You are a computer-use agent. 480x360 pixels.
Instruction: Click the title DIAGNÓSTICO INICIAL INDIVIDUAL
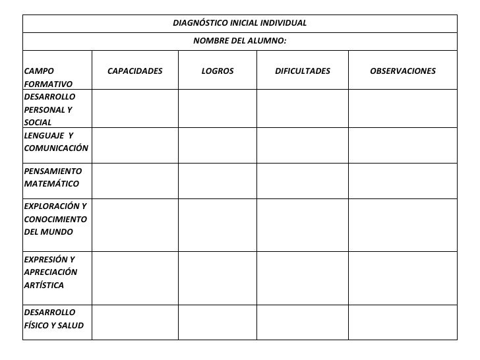[239, 23]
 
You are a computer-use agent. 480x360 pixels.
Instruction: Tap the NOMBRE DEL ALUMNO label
[239, 41]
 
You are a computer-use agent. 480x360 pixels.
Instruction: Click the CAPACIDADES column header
[135, 71]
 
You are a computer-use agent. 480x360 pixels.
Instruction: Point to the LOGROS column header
[217, 71]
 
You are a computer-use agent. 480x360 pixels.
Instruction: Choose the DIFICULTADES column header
[302, 71]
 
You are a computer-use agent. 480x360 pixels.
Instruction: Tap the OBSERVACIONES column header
[402, 71]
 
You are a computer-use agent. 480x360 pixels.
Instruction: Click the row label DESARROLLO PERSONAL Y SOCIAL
[49, 109]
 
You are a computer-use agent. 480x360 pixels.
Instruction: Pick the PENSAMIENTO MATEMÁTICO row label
[53, 177]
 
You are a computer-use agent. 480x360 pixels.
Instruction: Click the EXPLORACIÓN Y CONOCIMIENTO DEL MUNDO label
[55, 220]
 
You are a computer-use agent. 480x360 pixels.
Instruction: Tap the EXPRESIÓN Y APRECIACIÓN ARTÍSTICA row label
[50, 272]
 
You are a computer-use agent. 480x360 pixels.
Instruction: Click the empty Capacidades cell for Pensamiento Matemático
[135, 180]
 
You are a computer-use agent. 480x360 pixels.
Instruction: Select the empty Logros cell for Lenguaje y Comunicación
[217, 145]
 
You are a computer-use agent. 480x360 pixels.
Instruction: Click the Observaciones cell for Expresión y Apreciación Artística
[402, 278]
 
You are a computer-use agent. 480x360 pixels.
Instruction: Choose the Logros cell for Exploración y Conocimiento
[217, 224]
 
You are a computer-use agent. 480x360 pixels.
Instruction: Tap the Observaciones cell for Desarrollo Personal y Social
[402, 108]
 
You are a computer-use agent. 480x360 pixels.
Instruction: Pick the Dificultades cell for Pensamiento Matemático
[302, 180]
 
